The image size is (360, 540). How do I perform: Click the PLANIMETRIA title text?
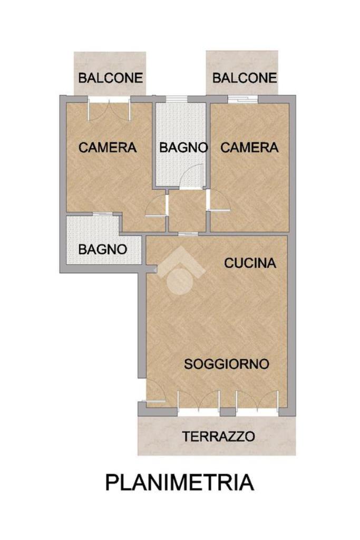click(x=180, y=482)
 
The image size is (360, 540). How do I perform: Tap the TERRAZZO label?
click(x=219, y=436)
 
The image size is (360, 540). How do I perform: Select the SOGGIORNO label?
click(x=227, y=364)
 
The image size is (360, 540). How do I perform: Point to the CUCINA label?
click(x=250, y=263)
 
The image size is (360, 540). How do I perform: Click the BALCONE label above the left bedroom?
click(x=111, y=78)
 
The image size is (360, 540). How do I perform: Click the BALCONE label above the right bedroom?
click(x=245, y=78)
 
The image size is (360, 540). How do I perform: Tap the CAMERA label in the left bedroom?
click(x=108, y=148)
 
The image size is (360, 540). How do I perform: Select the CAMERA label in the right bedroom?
click(x=249, y=148)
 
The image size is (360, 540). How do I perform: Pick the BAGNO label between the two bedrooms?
click(x=183, y=148)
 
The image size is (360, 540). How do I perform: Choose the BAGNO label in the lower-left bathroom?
click(x=103, y=249)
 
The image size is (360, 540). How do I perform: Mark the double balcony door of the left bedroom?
click(x=110, y=110)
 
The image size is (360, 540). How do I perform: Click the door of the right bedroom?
click(x=219, y=200)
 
